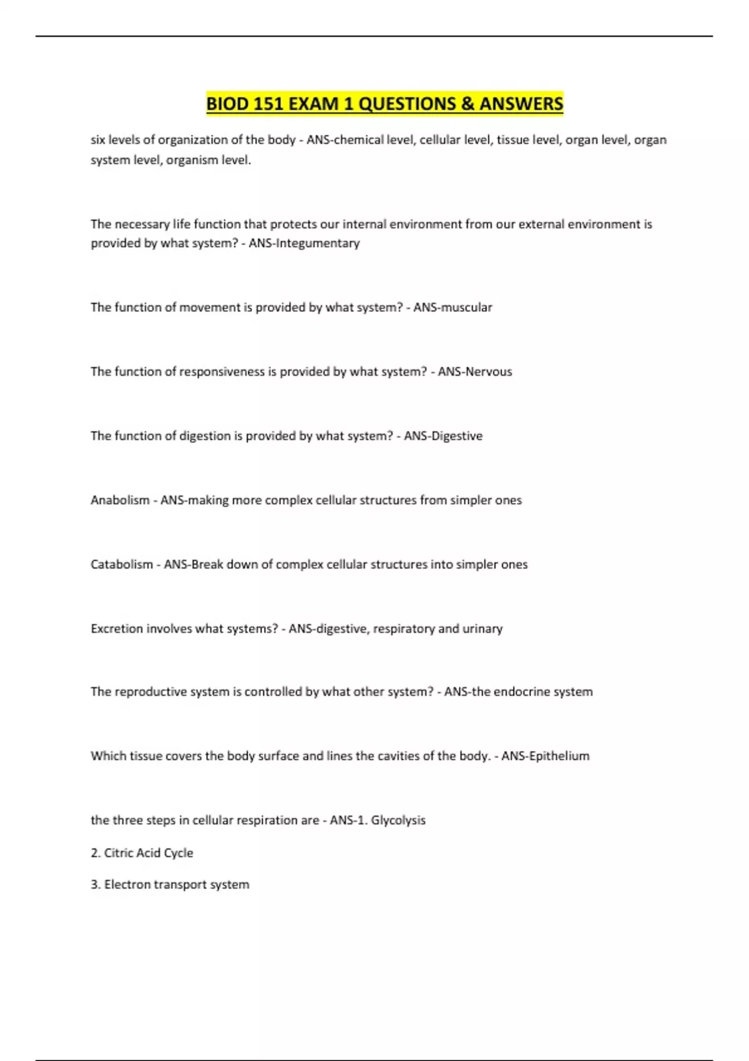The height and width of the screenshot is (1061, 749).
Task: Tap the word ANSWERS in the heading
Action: [521, 104]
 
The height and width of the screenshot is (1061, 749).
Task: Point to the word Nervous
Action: [489, 371]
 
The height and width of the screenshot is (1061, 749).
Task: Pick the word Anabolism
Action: [120, 500]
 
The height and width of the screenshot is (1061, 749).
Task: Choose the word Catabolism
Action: [122, 564]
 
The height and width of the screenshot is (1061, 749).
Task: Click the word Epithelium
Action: [559, 756]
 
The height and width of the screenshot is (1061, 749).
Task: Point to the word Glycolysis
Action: [398, 820]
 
